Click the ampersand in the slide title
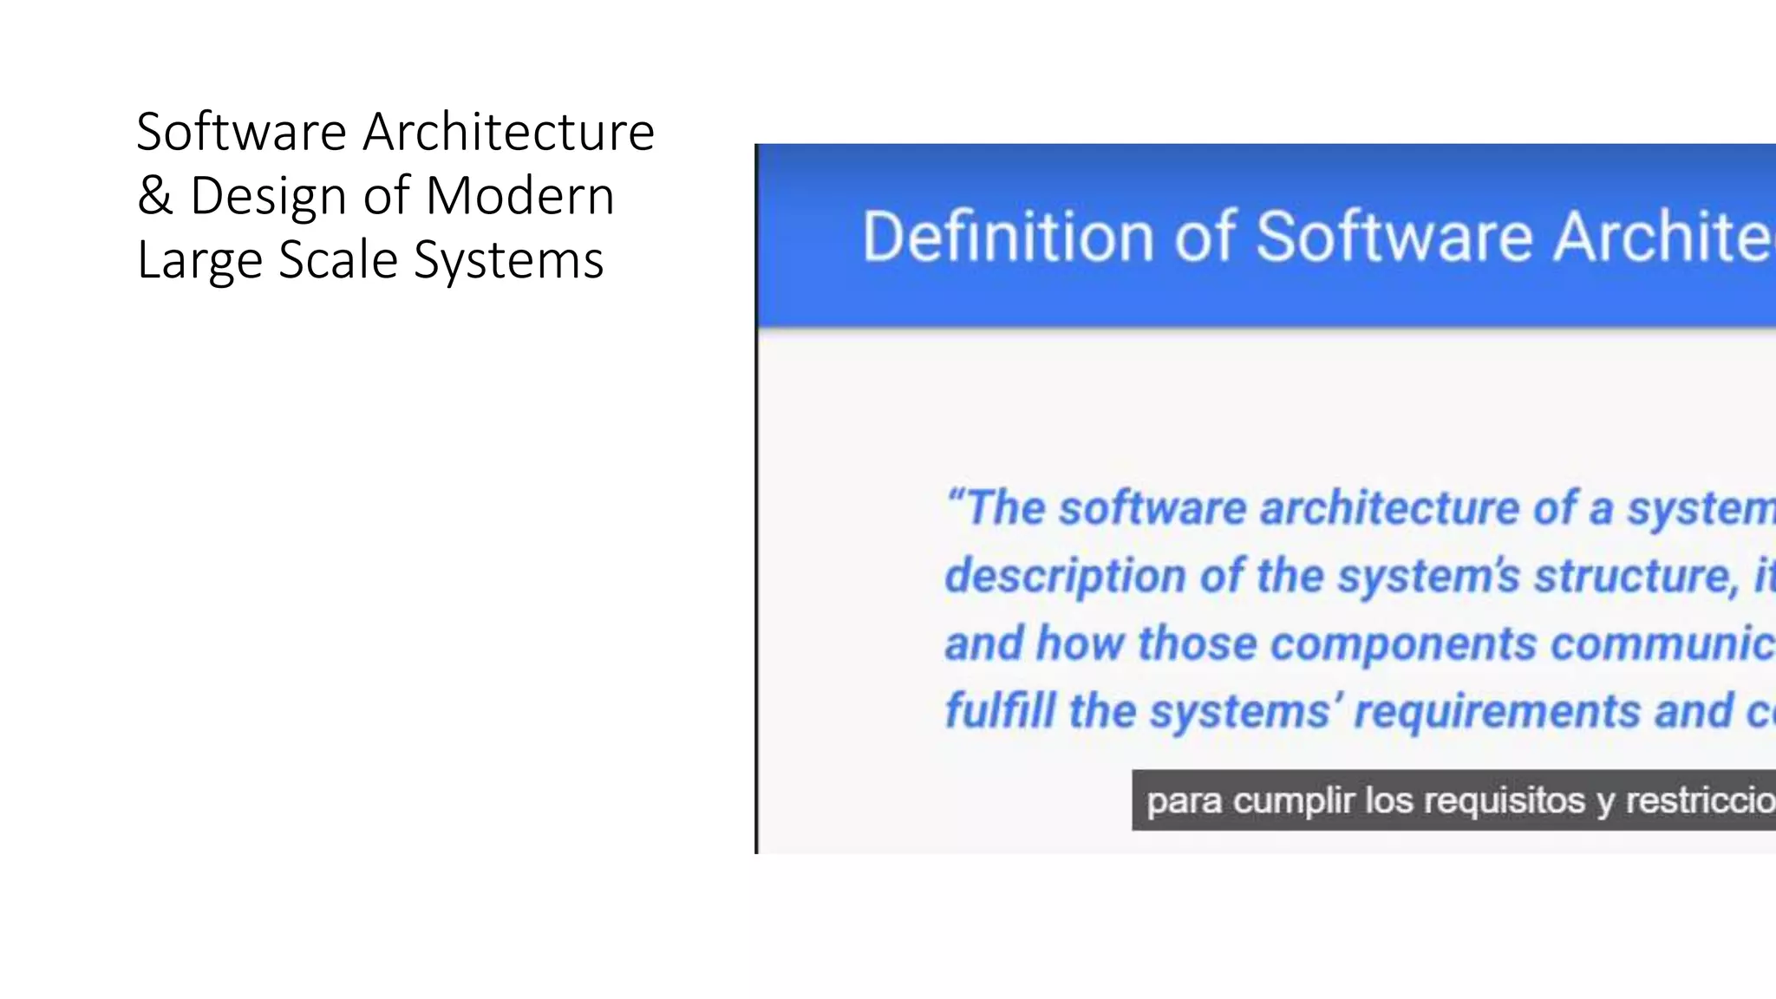(154, 196)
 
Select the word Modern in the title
(520, 196)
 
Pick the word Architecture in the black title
(508, 132)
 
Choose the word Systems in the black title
(508, 260)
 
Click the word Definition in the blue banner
(1007, 236)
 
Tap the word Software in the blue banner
(1394, 236)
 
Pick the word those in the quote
(1197, 644)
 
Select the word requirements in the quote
(1497, 713)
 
